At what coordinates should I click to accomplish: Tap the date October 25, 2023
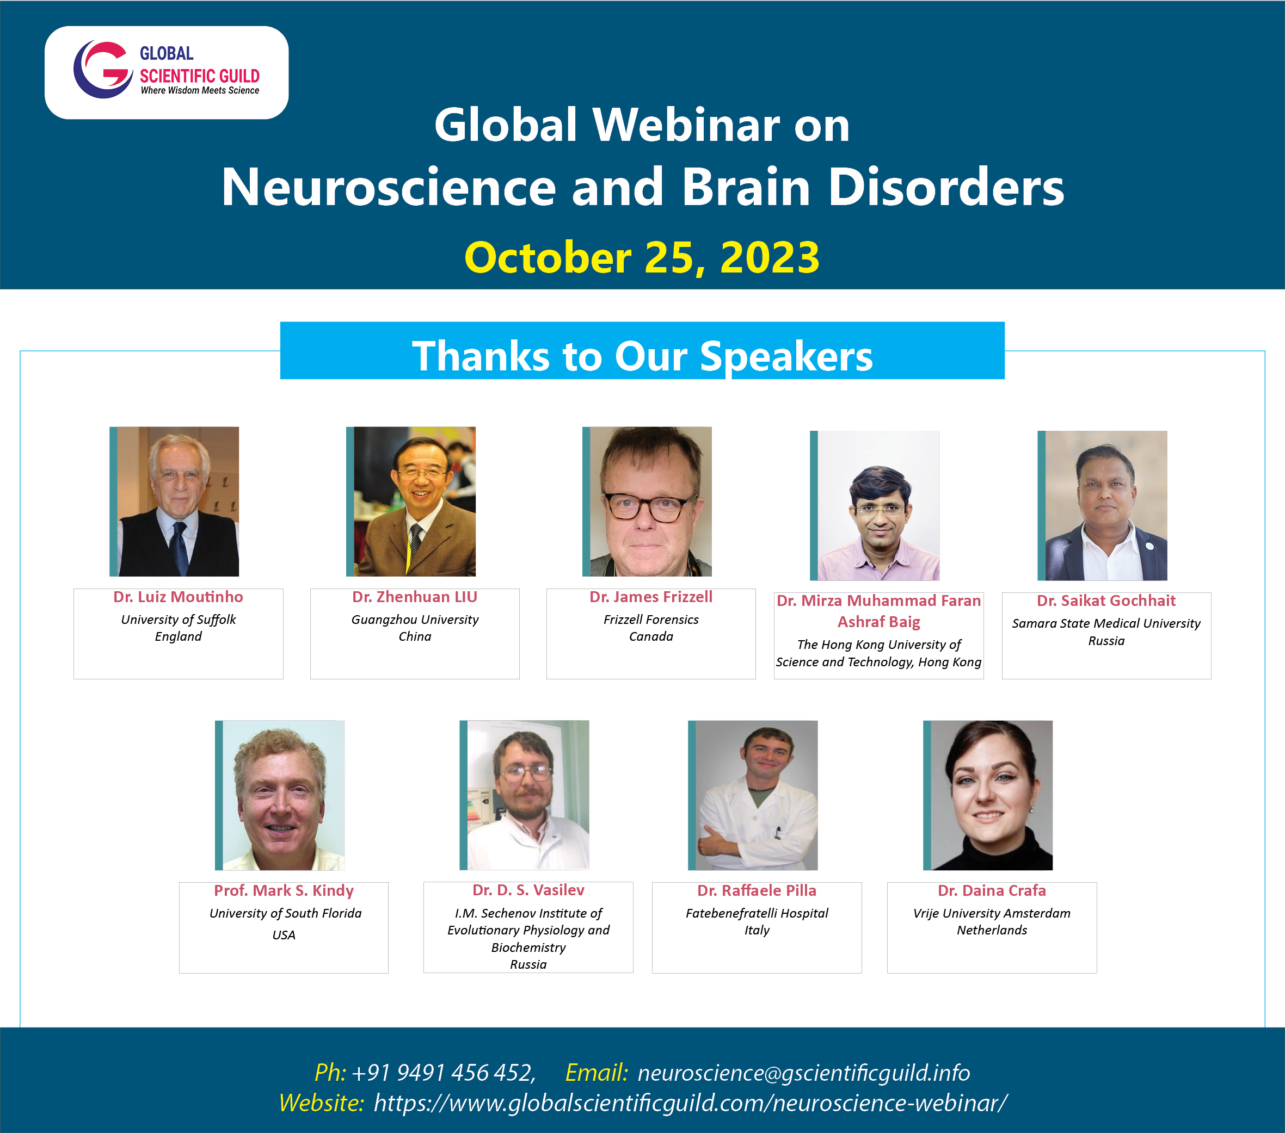[642, 258]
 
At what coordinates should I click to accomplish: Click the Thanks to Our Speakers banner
[642, 351]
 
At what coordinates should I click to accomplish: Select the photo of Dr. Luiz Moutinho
[174, 502]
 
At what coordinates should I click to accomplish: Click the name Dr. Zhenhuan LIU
[415, 597]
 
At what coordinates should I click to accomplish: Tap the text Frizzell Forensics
[651, 620]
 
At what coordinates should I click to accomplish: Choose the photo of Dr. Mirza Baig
[875, 505]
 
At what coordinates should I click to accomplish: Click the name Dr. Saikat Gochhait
[1106, 600]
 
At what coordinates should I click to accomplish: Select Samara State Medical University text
[1106, 623]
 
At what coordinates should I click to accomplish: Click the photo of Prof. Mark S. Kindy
[280, 795]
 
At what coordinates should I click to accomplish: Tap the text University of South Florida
[285, 913]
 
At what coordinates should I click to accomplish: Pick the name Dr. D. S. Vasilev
[528, 890]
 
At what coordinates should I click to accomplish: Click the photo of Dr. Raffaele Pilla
[753, 795]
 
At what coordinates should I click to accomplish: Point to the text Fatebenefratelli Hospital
[757, 913]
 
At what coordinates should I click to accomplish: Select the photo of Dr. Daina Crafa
[988, 795]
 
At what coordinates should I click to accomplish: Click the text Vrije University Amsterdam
[992, 913]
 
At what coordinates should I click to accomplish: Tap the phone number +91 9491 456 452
[443, 1073]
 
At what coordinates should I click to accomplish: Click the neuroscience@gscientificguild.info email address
[803, 1073]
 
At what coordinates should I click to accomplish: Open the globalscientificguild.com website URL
[690, 1103]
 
